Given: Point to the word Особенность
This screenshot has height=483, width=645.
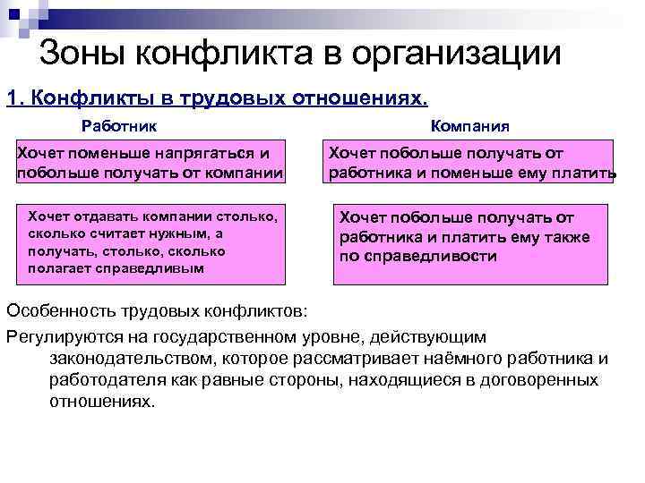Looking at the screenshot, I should (62, 310).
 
